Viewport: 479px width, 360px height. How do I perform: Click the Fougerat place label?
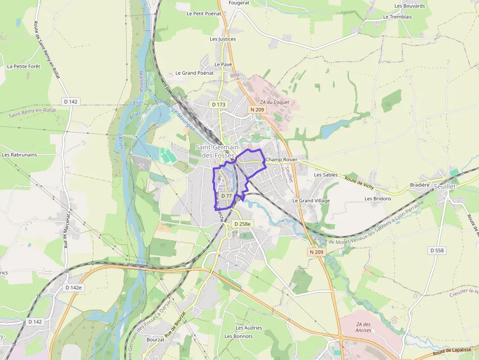tap(239, 3)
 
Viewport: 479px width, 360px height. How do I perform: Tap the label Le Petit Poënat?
tap(204, 14)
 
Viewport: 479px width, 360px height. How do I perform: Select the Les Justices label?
tap(222, 39)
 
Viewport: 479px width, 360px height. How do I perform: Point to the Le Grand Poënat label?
tap(195, 73)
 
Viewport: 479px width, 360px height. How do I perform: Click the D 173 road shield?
tap(218, 105)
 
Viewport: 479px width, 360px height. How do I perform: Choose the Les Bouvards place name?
tap(410, 6)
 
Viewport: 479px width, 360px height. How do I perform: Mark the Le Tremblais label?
tap(397, 17)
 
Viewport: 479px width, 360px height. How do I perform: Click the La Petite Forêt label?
tap(23, 66)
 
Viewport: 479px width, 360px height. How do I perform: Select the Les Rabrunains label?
tap(20, 155)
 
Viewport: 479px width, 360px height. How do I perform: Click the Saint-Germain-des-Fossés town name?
tap(218, 151)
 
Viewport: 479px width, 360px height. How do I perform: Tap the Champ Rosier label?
tap(281, 160)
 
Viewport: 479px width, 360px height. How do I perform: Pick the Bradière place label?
tap(419, 185)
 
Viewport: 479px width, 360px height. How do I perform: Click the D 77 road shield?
tap(226, 195)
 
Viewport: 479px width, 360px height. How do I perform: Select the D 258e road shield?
tap(242, 224)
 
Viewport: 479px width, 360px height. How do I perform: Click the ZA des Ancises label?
tap(364, 327)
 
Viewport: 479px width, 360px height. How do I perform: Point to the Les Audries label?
tap(249, 328)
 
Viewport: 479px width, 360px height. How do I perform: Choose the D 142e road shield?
tap(73, 288)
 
